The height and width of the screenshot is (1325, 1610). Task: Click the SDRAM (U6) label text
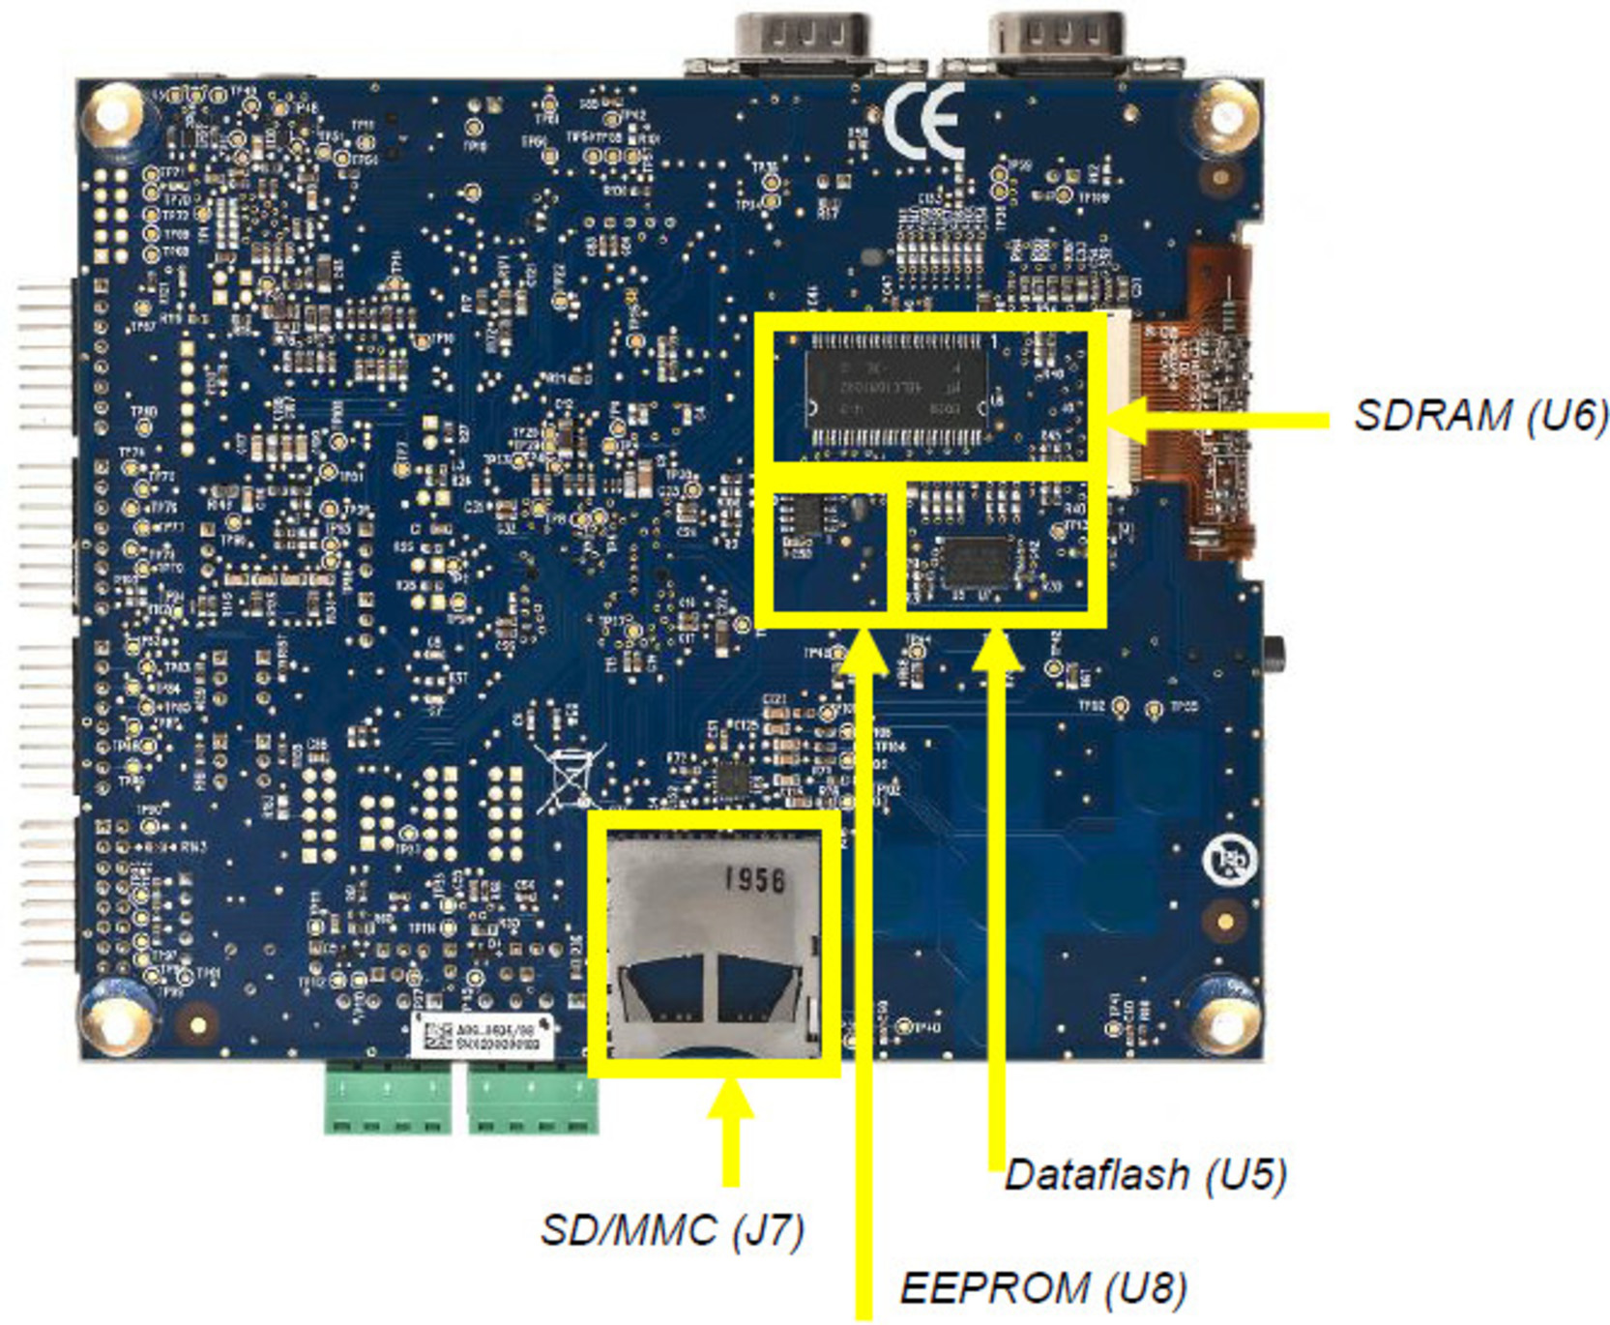pyautogui.click(x=1478, y=415)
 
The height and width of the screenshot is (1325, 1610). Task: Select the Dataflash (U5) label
pyautogui.click(x=1145, y=1175)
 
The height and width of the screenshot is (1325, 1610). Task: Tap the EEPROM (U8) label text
pyautogui.click(x=1042, y=1287)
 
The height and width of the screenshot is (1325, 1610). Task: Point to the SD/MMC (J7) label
pyautogui.click(x=672, y=1230)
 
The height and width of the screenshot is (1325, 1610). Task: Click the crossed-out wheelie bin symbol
pyautogui.click(x=571, y=779)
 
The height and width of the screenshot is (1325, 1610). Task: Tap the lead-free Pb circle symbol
pyautogui.click(x=1229, y=858)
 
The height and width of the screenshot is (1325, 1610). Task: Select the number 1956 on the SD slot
pyautogui.click(x=755, y=880)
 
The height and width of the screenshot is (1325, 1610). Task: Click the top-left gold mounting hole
pyautogui.click(x=118, y=117)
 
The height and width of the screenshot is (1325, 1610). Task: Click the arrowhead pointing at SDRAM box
pyautogui.click(x=1126, y=419)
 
